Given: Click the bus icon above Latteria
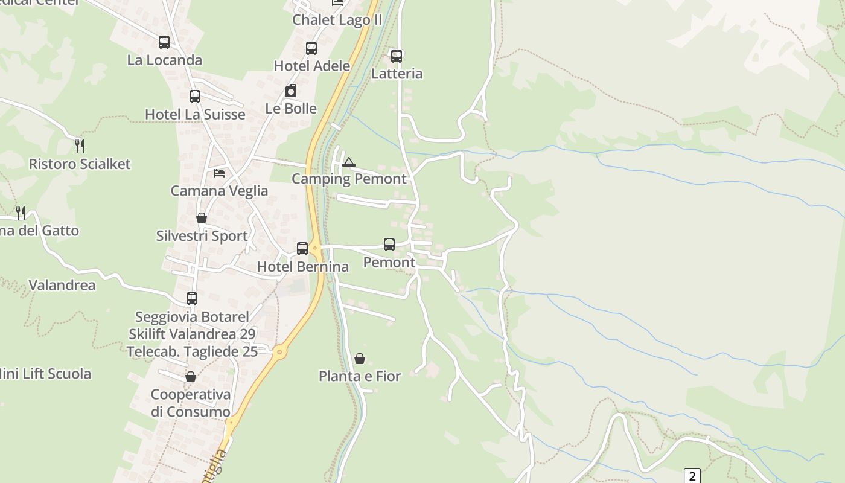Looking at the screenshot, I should [397, 56].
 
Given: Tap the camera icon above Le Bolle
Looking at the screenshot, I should [291, 91].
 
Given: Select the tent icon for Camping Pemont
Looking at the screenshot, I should [349, 162].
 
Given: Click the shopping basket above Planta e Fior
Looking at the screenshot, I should [360, 359].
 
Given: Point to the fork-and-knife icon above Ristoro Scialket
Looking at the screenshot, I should [79, 146].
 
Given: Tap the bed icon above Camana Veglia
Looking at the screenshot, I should [219, 173].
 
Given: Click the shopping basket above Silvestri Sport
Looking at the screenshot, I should [202, 218].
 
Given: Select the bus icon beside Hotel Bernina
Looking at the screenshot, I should [302, 249].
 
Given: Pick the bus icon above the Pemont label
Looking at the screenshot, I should [389, 245].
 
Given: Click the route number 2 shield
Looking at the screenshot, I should [692, 476].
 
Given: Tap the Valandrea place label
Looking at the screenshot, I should [62, 285].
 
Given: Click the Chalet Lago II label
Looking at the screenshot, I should [337, 20].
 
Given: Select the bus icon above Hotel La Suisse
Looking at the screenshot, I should [195, 97].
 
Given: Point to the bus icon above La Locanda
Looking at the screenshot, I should [164, 42].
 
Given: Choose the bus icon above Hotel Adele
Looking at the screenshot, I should [311, 48].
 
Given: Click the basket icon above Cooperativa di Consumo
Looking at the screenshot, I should [191, 377].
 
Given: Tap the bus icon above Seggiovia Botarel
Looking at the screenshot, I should [192, 299].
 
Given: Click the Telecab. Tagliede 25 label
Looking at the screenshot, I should [192, 351].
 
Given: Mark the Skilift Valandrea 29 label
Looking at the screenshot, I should [192, 334].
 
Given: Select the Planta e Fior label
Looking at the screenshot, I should [360, 376].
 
